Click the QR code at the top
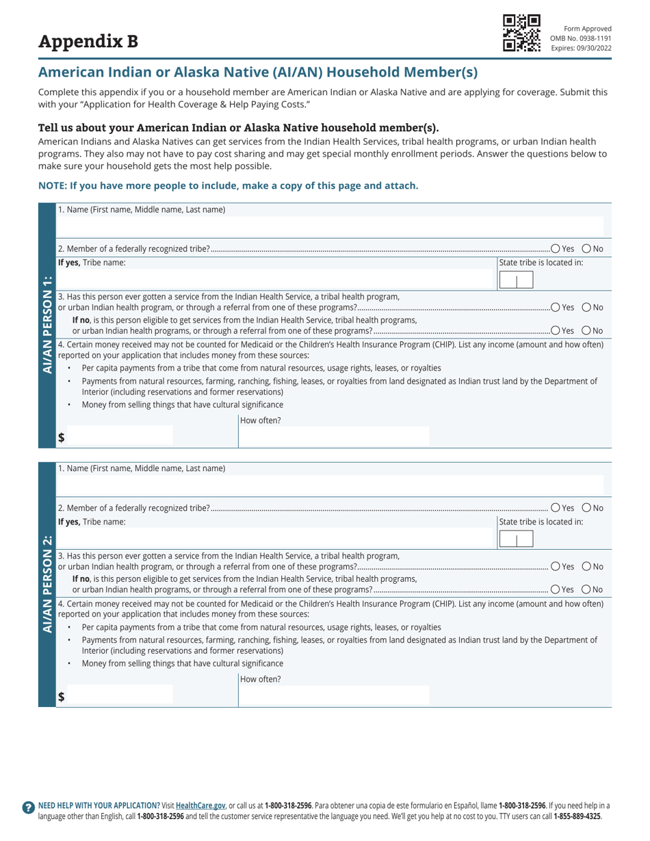tap(522, 32)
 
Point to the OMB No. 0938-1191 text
tap(581, 38)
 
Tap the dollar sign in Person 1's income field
tap(61, 439)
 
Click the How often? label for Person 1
tap(261, 421)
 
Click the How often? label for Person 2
tap(261, 679)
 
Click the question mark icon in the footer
tap(28, 807)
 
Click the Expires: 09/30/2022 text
tap(581, 48)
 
